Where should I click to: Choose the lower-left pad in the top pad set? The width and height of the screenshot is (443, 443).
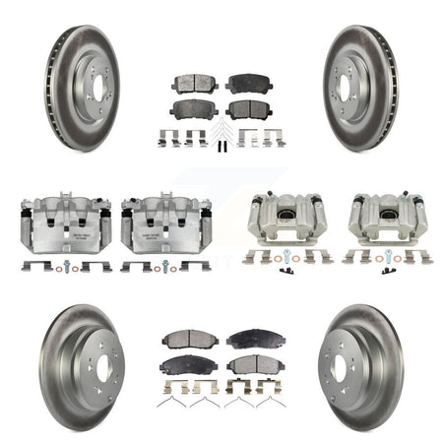[x=194, y=108]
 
